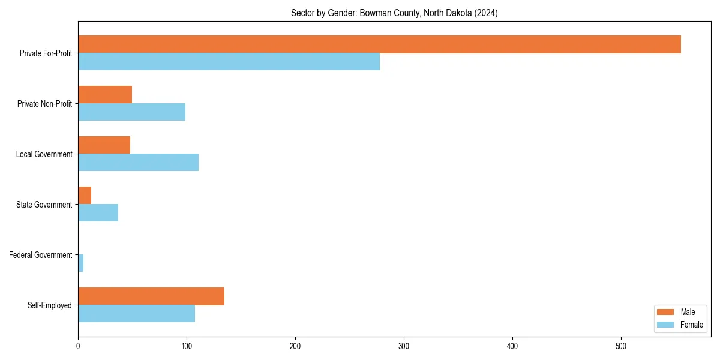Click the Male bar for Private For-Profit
(379, 44)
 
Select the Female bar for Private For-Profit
(229, 62)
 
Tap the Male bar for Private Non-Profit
(105, 95)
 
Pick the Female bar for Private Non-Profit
(131, 112)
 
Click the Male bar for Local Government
(104, 145)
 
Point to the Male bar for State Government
(85, 196)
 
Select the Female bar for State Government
(98, 213)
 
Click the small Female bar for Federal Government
(80, 263)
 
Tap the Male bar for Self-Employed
(151, 296)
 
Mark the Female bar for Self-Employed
(136, 314)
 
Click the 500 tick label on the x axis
(621, 346)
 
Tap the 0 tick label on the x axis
(78, 346)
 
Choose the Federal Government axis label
(40, 255)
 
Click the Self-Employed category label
(49, 305)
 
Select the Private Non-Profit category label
(44, 104)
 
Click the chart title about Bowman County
(394, 13)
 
